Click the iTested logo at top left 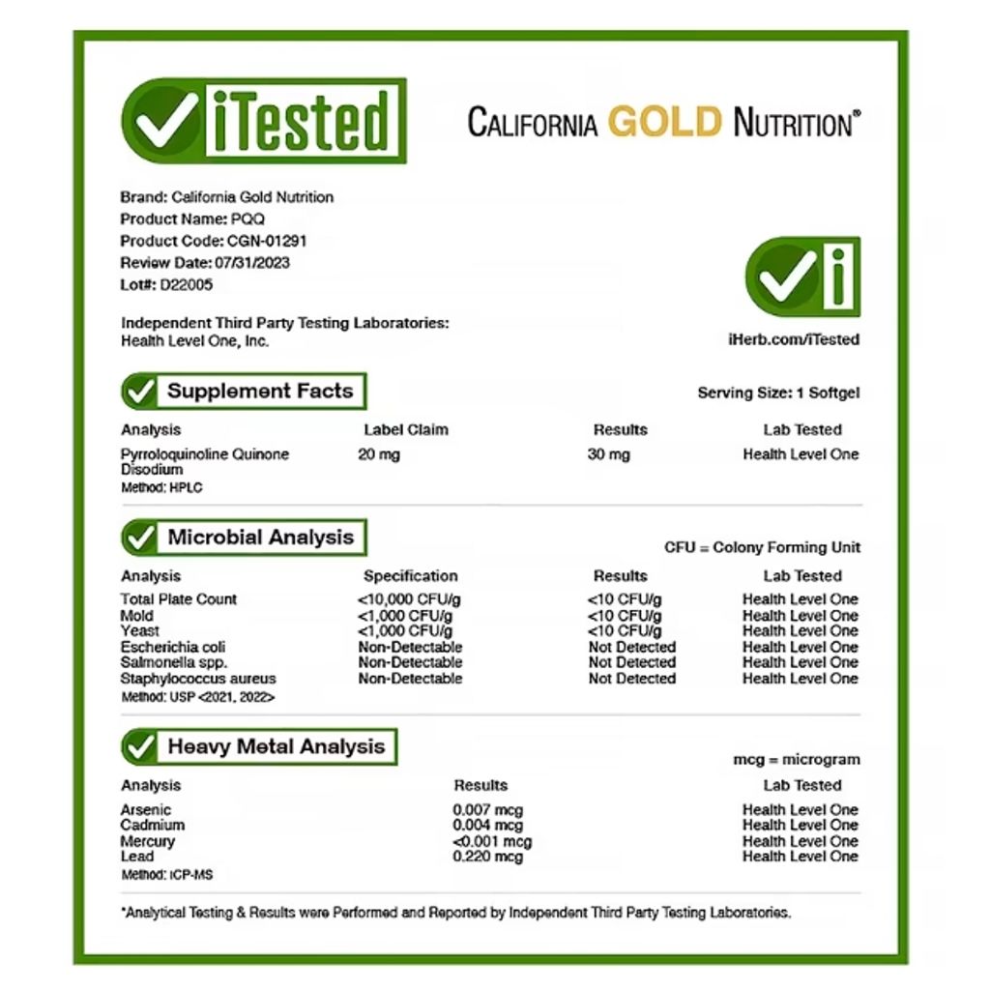[263, 121]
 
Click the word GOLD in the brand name [665, 123]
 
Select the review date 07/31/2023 [247, 262]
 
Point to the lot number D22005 [187, 284]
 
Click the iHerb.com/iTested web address [793, 339]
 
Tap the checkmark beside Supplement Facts [140, 392]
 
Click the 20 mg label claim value [379, 454]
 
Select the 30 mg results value [609, 454]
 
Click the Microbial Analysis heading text [261, 538]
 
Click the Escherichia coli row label [173, 647]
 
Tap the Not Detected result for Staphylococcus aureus [632, 679]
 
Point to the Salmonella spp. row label [174, 662]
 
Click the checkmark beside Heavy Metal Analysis [140, 746]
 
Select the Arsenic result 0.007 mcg [487, 810]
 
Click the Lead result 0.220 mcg [487, 857]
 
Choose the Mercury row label [148, 841]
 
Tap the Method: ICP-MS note [167, 875]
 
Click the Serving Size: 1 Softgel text [778, 393]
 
